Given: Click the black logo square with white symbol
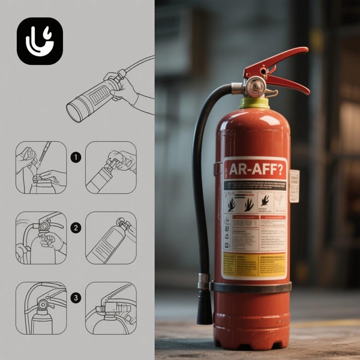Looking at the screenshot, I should pos(40,41).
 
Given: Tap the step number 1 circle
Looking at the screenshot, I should pos(76,158).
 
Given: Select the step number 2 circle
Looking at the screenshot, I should pos(76,227).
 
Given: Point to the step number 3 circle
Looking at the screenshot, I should pos(76,298).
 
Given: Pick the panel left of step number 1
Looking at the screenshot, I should pos(41,167).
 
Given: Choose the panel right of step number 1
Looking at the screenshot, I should pos(111,167).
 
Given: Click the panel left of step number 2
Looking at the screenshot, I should pos(41,238).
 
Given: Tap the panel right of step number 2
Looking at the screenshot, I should pos(111,238).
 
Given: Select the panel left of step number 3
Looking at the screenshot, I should pos(41,308).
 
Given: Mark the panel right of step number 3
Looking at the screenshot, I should pos(111,308).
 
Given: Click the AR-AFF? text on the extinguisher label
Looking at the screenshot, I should pos(254,170).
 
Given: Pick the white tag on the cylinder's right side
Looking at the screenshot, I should pos(294,185).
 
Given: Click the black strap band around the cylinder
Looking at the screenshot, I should pos(252,287).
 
